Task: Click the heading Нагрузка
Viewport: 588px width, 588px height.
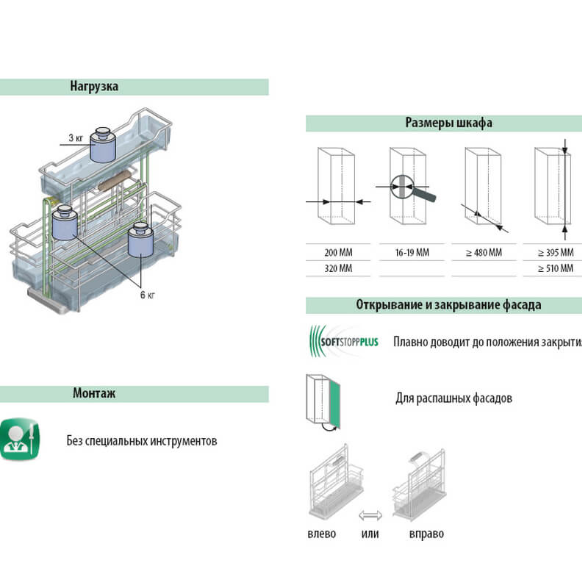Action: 94,86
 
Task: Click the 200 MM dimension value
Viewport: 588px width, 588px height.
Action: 338,253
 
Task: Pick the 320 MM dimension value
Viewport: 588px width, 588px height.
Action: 338,268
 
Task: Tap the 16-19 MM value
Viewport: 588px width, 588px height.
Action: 412,253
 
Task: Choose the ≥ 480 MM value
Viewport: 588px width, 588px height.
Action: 484,253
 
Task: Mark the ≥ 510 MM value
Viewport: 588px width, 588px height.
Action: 555,268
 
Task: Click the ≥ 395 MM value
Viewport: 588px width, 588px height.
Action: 555,253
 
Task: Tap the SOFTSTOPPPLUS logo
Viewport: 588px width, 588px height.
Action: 343,341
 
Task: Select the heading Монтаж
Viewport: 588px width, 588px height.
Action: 94,393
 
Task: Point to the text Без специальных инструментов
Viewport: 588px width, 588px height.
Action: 141,441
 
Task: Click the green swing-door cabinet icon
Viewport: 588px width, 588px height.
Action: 323,401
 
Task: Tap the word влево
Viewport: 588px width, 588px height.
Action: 321,534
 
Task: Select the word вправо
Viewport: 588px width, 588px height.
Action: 426,534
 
